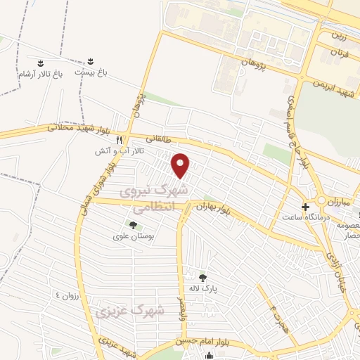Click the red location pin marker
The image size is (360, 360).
pyautogui.click(x=182, y=165)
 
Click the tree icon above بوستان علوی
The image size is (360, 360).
pyautogui.click(x=133, y=225)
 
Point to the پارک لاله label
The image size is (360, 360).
pyautogui.click(x=204, y=289)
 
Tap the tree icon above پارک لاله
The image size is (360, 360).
pyautogui.click(x=203, y=278)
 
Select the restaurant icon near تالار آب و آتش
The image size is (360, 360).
pyautogui.click(x=120, y=139)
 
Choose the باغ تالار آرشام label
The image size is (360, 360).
pyautogui.click(x=38, y=72)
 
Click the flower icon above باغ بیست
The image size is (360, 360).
pyautogui.click(x=90, y=61)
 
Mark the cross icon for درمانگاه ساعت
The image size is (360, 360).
pyautogui.click(x=304, y=207)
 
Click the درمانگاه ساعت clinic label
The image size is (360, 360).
pyautogui.click(x=304, y=219)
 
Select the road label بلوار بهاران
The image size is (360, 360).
pyautogui.click(x=213, y=207)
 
